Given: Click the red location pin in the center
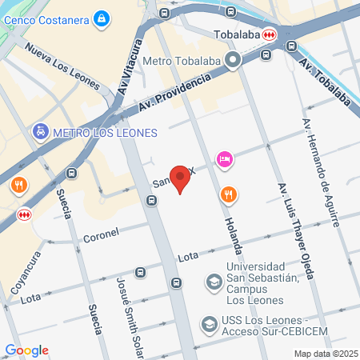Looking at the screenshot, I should (182, 179).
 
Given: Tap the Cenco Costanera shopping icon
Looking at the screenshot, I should (101, 18).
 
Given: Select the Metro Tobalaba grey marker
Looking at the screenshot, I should (233, 60).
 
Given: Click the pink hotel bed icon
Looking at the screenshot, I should (225, 160).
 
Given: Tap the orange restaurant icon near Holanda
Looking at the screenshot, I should (229, 194).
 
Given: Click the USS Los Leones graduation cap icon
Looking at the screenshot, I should (209, 324).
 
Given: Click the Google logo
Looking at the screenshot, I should (26, 350).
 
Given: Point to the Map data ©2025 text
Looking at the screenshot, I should (325, 354).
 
